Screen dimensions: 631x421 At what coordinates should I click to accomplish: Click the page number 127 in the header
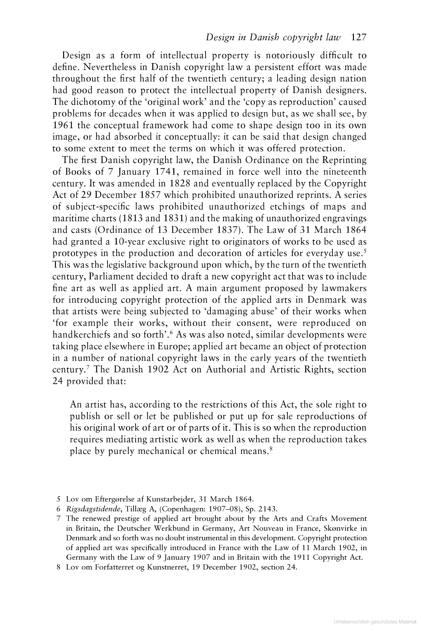pyautogui.click(x=359, y=38)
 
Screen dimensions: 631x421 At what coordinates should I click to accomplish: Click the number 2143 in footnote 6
pyautogui.click(x=268, y=509)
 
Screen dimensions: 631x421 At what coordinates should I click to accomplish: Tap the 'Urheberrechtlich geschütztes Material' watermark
pyautogui.click(x=375, y=622)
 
